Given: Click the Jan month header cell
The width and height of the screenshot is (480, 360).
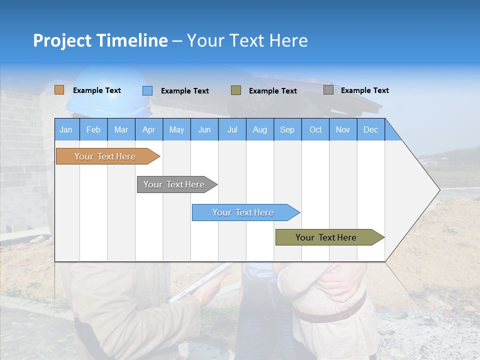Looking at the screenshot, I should tap(66, 129).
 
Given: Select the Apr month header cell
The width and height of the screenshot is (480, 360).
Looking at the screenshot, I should tap(149, 129).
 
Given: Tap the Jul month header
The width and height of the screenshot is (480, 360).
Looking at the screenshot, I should tap(232, 129).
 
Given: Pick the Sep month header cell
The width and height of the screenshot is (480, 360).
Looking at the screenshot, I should tap(287, 129).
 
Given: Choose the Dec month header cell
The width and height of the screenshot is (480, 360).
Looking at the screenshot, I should tap(370, 129).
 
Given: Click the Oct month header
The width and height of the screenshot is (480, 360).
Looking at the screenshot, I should tap(315, 129).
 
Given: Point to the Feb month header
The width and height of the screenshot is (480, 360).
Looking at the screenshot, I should tap(93, 129).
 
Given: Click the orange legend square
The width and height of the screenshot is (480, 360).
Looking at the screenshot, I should tap(59, 90).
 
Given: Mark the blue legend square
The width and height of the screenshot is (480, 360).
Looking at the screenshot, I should tap(147, 90).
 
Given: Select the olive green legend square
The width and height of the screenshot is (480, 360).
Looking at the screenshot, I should tap(236, 90).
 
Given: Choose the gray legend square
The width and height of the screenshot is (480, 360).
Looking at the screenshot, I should tap(328, 90).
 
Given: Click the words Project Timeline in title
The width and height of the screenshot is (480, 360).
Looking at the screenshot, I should tap(100, 40).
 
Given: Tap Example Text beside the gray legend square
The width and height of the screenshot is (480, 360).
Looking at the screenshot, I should tap(364, 90).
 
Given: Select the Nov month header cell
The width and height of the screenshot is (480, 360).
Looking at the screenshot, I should tap(343, 129).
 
